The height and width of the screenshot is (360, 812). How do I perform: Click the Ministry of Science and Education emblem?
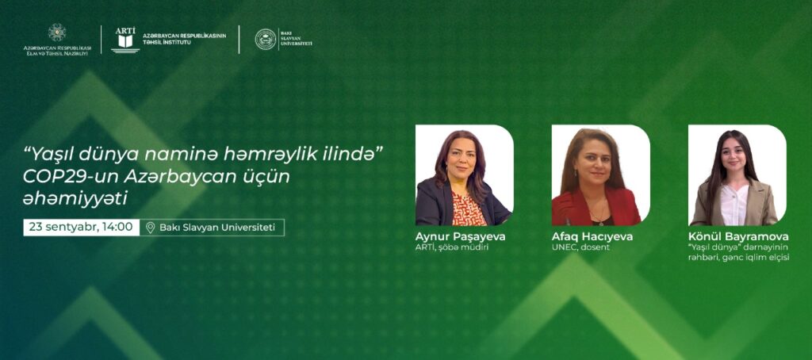[x=57, y=33]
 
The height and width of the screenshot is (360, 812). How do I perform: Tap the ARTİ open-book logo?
[x=125, y=40]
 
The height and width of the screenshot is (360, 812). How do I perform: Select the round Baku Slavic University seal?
[x=265, y=40]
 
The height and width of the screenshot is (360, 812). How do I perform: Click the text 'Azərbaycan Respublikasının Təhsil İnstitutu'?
[x=184, y=39]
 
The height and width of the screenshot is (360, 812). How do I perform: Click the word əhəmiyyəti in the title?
[x=75, y=199]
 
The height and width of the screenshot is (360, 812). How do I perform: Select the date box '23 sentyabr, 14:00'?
[x=82, y=228]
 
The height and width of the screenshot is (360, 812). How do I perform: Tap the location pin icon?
[x=150, y=228]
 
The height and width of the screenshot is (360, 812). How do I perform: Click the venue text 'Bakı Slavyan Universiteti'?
[x=217, y=228]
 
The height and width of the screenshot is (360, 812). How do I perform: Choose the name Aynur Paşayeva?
[x=460, y=237]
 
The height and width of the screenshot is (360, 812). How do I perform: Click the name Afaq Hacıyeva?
[x=592, y=237]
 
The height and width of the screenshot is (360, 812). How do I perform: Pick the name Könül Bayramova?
[x=738, y=237]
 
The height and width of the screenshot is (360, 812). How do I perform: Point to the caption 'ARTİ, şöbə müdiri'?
[x=452, y=247]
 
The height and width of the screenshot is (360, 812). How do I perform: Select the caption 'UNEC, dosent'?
[x=580, y=247]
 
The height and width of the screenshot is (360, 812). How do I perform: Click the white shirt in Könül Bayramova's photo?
[x=734, y=205]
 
